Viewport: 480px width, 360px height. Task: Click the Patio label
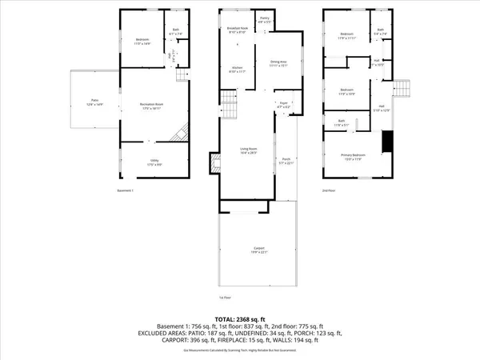coord(94,102)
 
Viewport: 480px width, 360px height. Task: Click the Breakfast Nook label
coord(236,31)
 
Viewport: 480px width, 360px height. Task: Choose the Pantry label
coord(265,21)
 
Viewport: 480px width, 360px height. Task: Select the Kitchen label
coord(237,70)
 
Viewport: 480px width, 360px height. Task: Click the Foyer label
coord(282,105)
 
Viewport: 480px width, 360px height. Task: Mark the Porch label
coord(286,162)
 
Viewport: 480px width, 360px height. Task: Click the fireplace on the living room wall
coord(215,165)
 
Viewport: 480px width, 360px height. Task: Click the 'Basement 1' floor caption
coord(125,190)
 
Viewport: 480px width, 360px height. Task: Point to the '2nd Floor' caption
coord(329,190)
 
